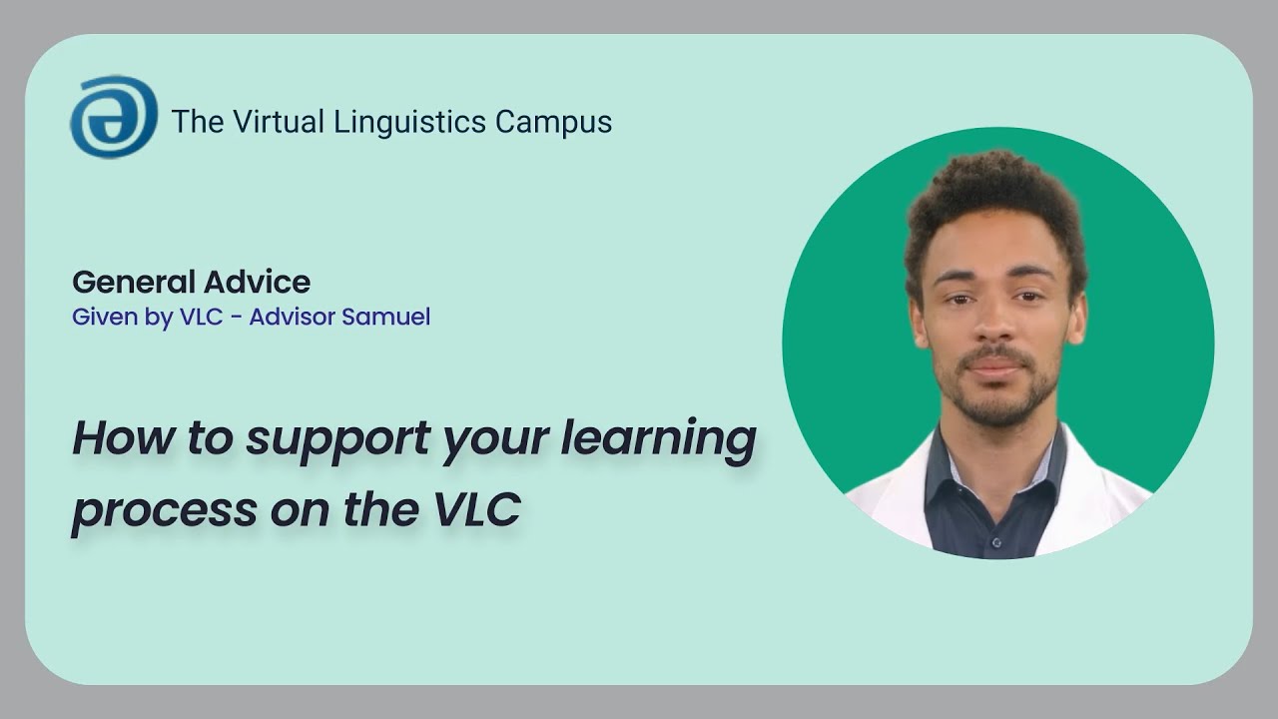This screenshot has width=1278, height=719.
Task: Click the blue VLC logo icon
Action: (113, 117)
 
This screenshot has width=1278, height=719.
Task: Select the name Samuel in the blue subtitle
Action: (385, 318)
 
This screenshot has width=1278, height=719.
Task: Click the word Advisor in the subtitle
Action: (294, 318)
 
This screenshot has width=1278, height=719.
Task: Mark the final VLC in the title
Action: (476, 508)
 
